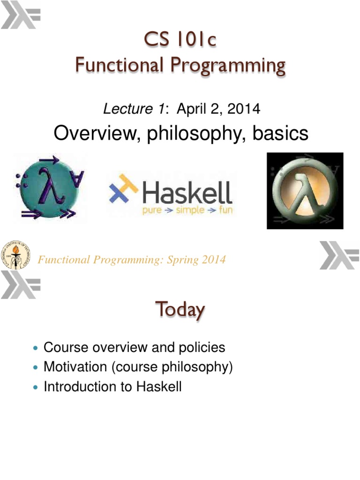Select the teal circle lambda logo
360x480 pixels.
pos(50,187)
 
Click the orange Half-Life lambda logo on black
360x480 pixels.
pos(305,191)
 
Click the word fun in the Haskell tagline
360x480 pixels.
pos(224,210)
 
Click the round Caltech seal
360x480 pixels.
pos(15,254)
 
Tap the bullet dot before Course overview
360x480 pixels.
pos(37,348)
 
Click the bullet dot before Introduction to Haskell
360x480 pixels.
pos(37,387)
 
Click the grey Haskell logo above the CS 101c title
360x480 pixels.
pos(21,16)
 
